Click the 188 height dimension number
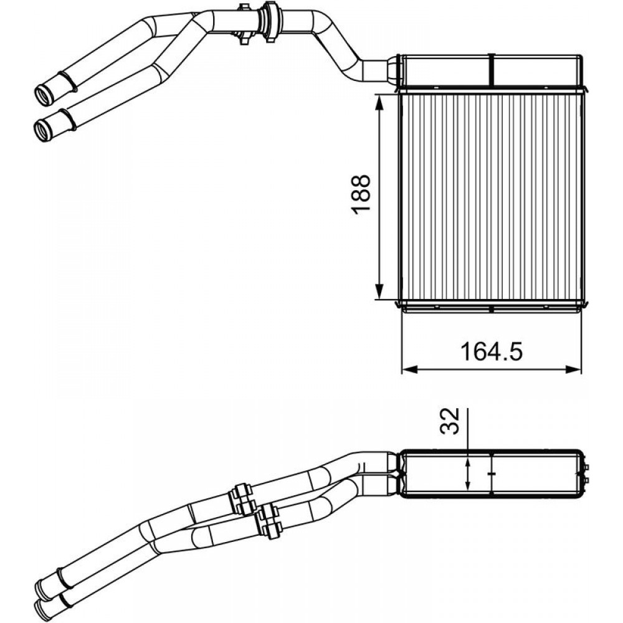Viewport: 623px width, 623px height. pos(361,196)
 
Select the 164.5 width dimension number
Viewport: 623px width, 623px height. pos(490,353)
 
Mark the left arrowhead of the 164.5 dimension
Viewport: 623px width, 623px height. pos(407,369)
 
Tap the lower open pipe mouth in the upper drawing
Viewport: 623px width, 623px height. pos(42,130)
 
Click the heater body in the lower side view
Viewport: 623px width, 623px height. pos(492,473)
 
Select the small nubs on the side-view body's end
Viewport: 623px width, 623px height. pos(587,474)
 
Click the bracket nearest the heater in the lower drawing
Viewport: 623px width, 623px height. pos(270,521)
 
